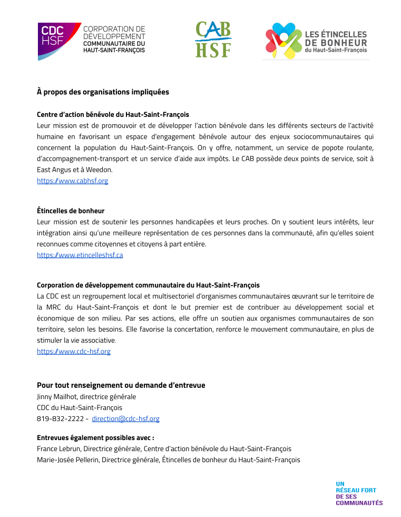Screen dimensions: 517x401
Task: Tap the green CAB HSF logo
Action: tap(213, 39)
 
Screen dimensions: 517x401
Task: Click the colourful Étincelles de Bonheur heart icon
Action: tap(282, 41)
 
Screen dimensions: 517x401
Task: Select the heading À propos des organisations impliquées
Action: tap(103, 92)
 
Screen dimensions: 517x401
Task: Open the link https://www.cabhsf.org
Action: tap(72, 181)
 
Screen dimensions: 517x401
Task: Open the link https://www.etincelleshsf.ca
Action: tap(80, 255)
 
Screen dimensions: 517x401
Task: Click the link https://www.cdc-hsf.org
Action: tap(73, 352)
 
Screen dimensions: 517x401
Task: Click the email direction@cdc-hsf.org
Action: tap(125, 419)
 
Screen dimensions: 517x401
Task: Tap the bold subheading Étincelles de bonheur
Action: tap(71, 211)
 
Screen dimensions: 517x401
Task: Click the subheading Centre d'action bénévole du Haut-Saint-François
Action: tap(113, 114)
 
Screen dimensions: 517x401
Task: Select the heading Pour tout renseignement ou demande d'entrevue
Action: tap(121, 385)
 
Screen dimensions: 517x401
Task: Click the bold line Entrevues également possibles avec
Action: tap(95, 437)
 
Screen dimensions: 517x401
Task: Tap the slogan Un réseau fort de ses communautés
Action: tap(359, 493)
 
